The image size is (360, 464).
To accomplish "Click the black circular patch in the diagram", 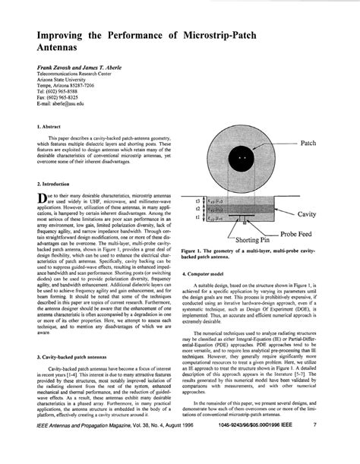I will tap(242, 158).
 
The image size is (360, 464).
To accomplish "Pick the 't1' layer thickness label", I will tap(197, 216).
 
